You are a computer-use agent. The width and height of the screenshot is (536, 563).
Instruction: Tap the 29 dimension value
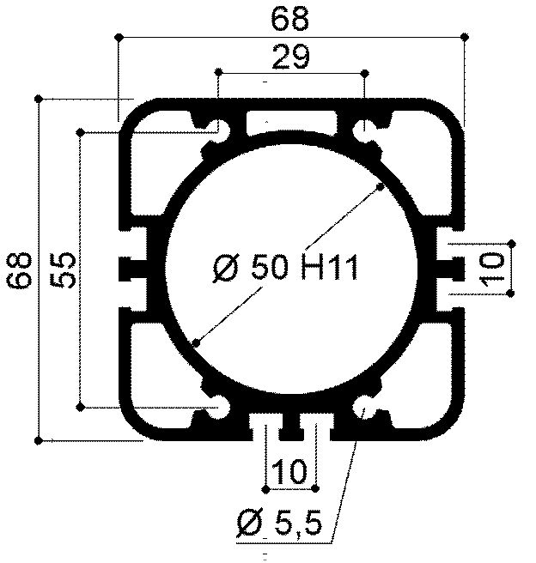tap(291, 58)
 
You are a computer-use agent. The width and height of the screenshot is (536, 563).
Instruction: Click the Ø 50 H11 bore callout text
tap(283, 269)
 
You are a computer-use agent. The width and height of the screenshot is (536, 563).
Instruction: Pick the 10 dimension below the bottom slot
tap(291, 471)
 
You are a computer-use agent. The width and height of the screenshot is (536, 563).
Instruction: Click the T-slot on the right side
tap(448, 269)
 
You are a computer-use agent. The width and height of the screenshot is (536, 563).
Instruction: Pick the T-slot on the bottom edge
tap(292, 424)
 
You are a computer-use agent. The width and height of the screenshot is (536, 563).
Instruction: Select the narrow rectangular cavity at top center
tap(292, 121)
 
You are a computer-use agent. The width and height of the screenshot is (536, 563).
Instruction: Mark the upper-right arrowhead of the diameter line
tap(378, 188)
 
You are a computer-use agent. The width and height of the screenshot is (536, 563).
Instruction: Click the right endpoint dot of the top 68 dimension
tap(465, 36)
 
